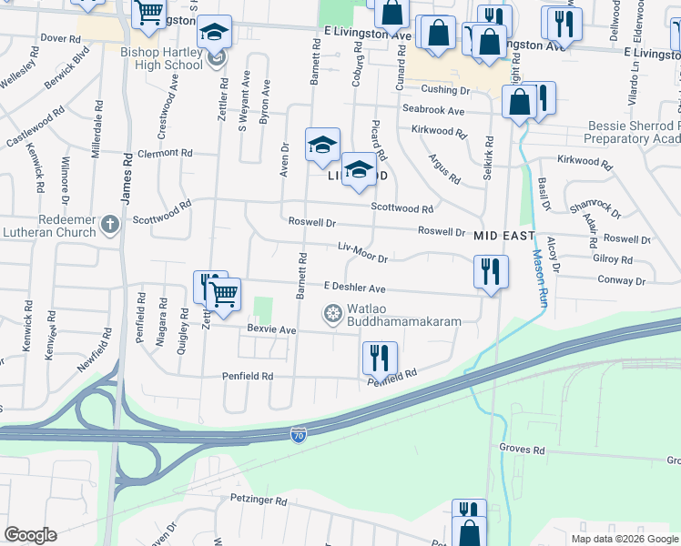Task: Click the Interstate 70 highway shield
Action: (299, 436)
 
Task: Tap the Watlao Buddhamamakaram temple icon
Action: (332, 315)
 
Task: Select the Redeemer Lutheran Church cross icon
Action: (109, 223)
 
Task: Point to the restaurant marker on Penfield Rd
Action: (380, 359)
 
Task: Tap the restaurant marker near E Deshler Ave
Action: (490, 271)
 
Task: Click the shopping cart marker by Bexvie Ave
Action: (223, 293)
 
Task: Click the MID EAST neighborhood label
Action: (503, 235)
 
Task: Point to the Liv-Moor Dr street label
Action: (362, 252)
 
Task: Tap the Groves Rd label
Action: (521, 449)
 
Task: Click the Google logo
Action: (30, 535)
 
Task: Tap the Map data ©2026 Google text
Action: (625, 538)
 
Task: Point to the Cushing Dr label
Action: (445, 90)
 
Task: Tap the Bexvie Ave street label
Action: (271, 329)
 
